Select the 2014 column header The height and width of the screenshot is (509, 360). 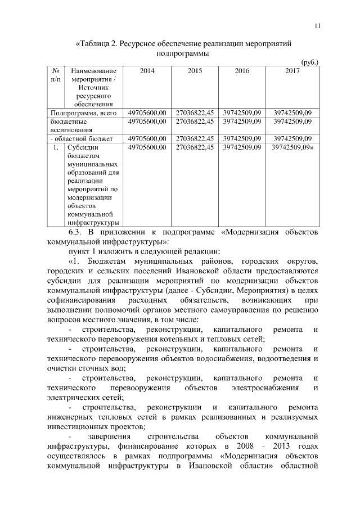tap(147, 71)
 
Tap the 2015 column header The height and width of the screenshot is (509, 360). tap(195, 71)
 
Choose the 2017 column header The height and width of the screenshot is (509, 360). tap(292, 71)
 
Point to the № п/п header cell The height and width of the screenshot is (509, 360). tap(56, 76)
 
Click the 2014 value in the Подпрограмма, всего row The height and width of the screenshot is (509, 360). tap(147, 112)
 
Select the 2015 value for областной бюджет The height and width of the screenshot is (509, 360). tap(195, 138)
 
